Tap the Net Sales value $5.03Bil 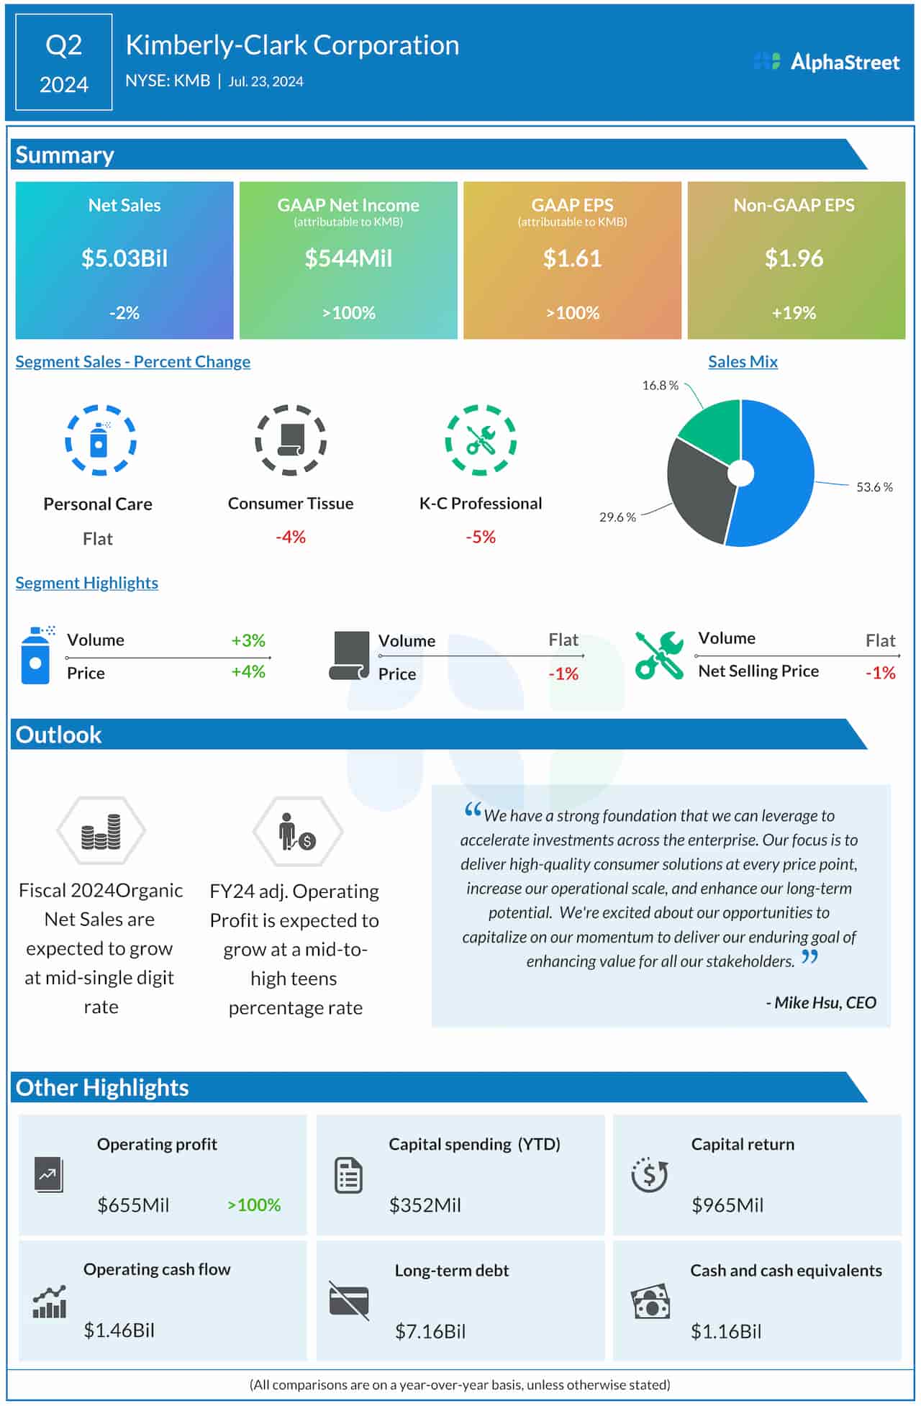coord(124,258)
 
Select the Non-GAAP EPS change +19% coord(794,313)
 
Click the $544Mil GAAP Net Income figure coord(348,258)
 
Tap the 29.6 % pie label coord(617,517)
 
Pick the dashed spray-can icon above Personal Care coord(100,440)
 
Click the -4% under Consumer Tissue coord(291,537)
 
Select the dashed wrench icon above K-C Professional coord(481,440)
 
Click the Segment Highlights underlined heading coord(87,583)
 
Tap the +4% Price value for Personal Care coord(248,672)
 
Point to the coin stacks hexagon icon coord(101,831)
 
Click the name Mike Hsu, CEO coord(822,1002)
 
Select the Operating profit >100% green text coord(254,1205)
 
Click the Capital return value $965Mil coord(727,1205)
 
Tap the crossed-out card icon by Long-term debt coord(349,1300)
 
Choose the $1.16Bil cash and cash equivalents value coord(726,1331)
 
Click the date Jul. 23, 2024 coord(266,81)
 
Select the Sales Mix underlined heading coord(743,362)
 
